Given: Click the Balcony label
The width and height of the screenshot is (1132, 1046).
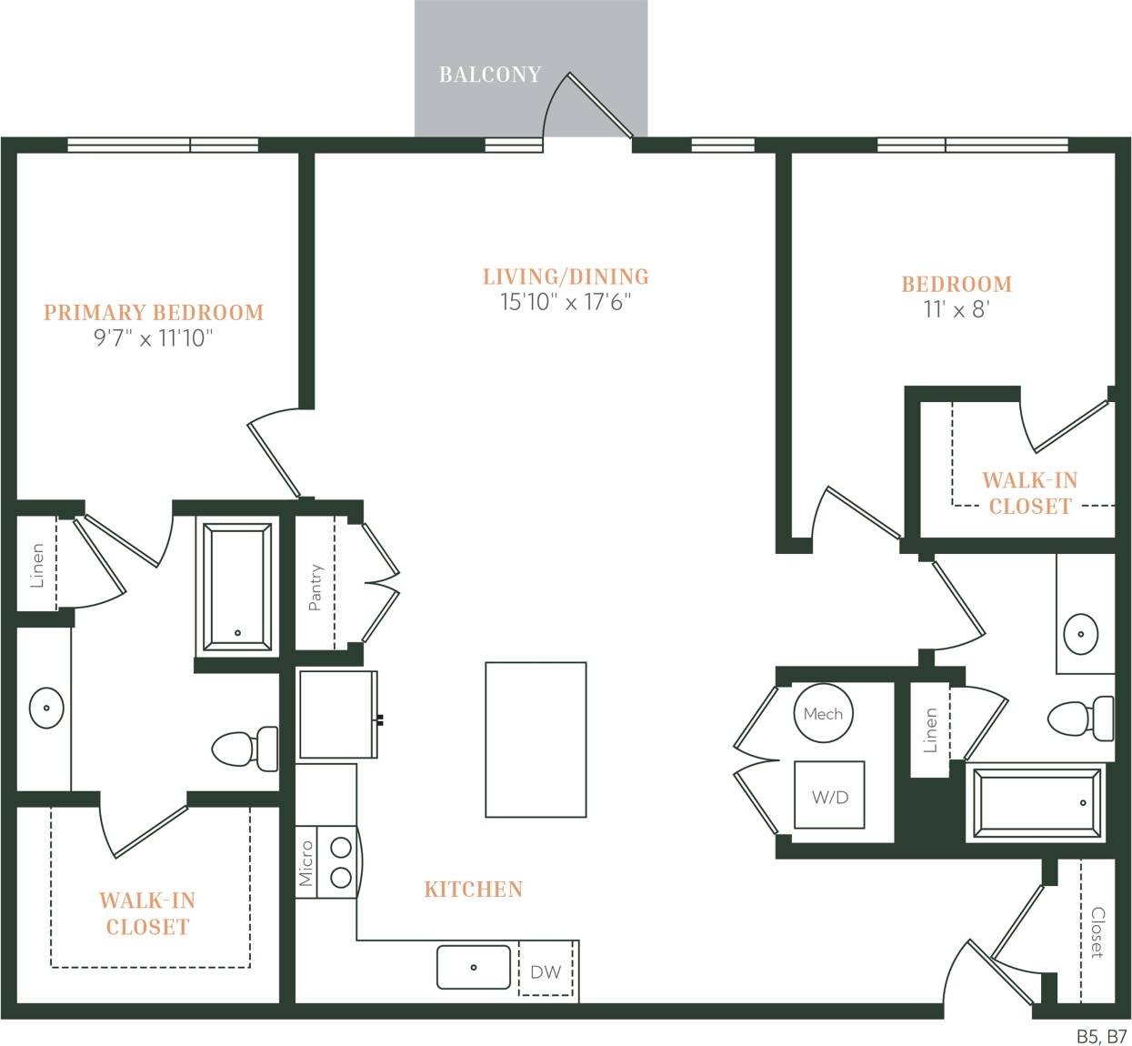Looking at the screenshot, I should [489, 75].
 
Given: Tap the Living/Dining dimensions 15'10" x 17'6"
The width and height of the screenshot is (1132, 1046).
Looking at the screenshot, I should [565, 302].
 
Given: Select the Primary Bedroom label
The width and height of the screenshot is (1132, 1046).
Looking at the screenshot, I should [154, 313].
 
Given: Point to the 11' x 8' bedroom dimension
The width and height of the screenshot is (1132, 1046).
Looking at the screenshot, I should [956, 309].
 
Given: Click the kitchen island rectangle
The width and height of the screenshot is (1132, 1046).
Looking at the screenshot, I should [536, 739].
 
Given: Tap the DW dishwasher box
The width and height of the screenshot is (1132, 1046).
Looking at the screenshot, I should [546, 971].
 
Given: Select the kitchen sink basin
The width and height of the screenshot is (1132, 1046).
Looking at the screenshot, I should [474, 967].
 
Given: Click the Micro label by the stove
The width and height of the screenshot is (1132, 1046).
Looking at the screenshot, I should [306, 863].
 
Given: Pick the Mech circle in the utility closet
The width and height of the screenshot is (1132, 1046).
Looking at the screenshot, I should [823, 714].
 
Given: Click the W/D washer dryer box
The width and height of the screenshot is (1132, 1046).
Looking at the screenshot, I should [829, 796].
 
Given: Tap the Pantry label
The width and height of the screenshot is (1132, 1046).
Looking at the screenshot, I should [316, 587].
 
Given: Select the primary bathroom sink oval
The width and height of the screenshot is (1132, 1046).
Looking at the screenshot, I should [45, 708].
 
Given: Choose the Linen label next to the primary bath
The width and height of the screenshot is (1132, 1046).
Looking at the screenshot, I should [37, 565].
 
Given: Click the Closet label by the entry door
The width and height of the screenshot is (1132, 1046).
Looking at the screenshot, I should [1097, 932].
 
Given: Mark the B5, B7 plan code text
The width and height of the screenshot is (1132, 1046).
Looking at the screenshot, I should [1101, 1036].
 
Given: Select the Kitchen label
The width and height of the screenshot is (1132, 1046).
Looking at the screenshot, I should [473, 890].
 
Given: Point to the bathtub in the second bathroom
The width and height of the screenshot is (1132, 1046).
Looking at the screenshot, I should [1037, 802].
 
